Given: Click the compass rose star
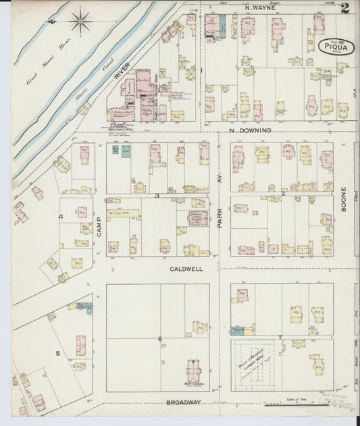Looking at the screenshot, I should pyautogui.click(x=80, y=21).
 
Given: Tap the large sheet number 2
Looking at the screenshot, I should pyautogui.click(x=345, y=8).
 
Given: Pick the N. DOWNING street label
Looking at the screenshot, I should pyautogui.click(x=250, y=130).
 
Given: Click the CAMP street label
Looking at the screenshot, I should pyautogui.click(x=99, y=225).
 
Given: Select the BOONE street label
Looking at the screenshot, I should pyautogui.click(x=343, y=200).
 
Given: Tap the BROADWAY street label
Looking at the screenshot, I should pyautogui.click(x=183, y=402).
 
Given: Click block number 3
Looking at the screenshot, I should pyautogui.click(x=157, y=196).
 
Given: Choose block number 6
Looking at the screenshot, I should pyautogui.click(x=159, y=339).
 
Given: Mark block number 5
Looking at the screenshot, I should pyautogui.click(x=58, y=353).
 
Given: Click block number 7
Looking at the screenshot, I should pyautogui.click(x=280, y=336).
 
